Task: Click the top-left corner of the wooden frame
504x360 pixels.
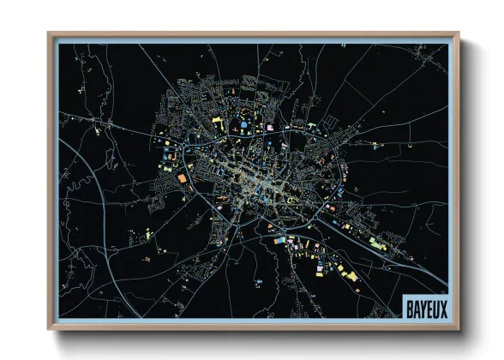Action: [49, 33]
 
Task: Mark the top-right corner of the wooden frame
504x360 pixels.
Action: [459, 33]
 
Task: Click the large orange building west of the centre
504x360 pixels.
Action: [182, 177]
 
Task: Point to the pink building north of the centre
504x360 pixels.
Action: [269, 128]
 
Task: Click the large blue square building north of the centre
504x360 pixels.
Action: [243, 127]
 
